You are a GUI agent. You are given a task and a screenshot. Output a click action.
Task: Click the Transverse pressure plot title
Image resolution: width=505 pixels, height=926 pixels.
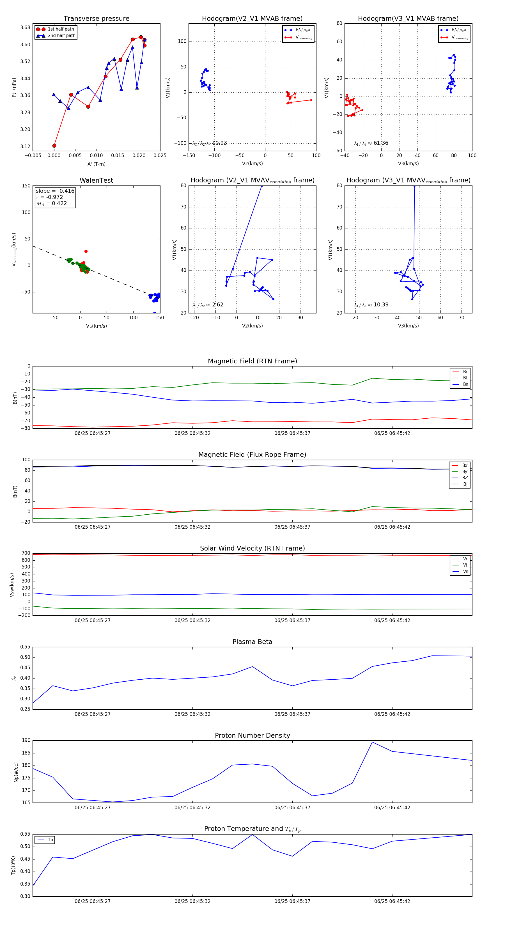click(x=96, y=19)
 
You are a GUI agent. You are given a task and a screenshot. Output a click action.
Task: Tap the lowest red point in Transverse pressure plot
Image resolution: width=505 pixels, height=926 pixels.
click(x=54, y=146)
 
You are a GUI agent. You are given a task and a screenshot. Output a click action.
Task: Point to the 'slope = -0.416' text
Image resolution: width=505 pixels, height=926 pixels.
click(x=55, y=191)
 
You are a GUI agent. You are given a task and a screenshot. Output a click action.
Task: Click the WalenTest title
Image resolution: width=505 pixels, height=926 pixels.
click(x=96, y=180)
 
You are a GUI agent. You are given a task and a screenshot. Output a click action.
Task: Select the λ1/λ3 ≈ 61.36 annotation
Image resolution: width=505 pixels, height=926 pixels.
click(x=371, y=143)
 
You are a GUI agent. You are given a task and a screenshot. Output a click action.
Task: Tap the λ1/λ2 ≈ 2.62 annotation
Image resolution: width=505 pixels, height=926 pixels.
click(x=208, y=305)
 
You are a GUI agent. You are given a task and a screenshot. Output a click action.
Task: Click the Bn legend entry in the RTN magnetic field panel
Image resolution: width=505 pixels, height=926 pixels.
click(x=465, y=384)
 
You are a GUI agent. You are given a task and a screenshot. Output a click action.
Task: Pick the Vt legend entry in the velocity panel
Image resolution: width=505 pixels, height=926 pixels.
click(x=465, y=565)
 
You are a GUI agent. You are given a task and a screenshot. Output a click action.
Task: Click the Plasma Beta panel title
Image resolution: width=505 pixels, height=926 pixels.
click(x=252, y=642)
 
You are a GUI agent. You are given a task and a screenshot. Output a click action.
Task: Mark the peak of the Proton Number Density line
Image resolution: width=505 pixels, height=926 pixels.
click(x=372, y=742)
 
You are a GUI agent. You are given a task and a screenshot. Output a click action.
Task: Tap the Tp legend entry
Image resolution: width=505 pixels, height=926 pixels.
click(x=50, y=840)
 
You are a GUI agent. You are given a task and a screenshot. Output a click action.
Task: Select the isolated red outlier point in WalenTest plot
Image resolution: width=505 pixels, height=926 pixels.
click(x=86, y=251)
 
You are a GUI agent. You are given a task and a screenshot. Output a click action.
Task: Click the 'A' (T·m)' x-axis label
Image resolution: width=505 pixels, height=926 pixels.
click(x=96, y=164)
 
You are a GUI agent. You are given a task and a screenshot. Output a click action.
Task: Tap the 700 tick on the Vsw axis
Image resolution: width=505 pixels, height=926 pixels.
click(x=26, y=553)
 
